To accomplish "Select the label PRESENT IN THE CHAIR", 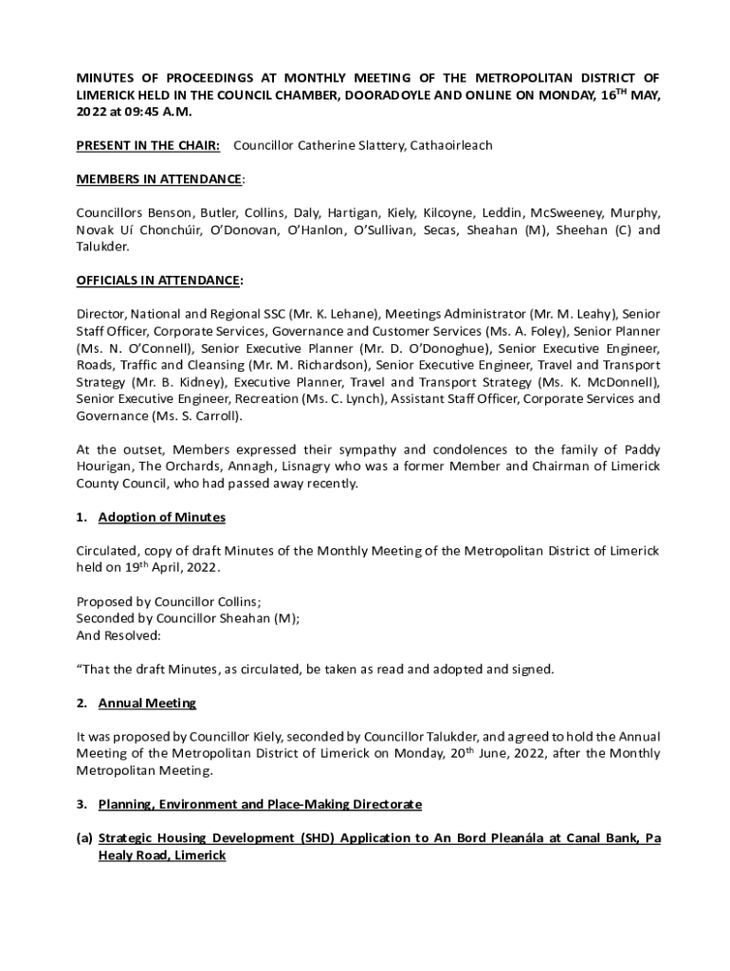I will coord(148,145).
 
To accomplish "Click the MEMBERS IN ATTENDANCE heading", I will coord(158,179).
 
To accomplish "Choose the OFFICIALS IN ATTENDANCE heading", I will coord(158,281).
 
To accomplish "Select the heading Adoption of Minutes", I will coord(161,517).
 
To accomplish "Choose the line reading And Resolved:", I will coord(119,635).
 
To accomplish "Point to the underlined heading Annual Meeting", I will coord(147,703).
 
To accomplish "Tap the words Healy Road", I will coord(162,855).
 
